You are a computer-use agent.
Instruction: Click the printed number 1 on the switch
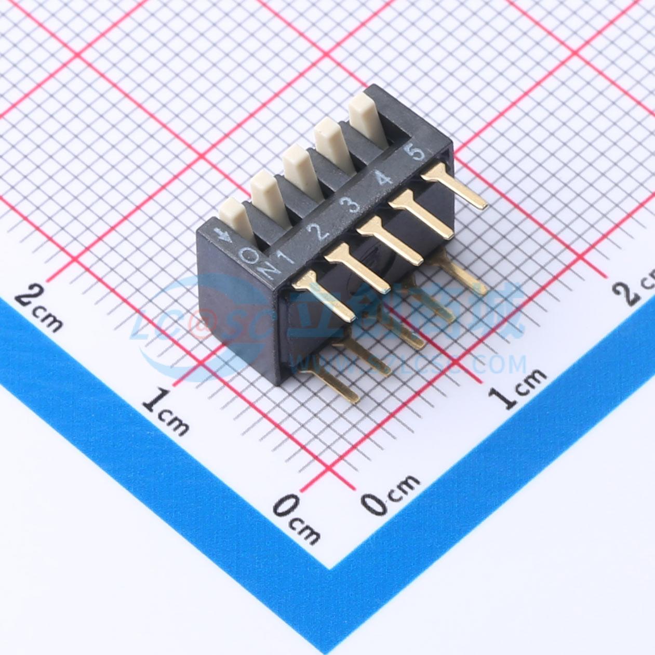coord(286,257)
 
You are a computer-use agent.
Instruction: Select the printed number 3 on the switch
coord(353,205)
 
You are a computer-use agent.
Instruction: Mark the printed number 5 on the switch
coord(417,154)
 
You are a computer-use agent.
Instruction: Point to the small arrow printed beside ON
coord(226,236)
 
